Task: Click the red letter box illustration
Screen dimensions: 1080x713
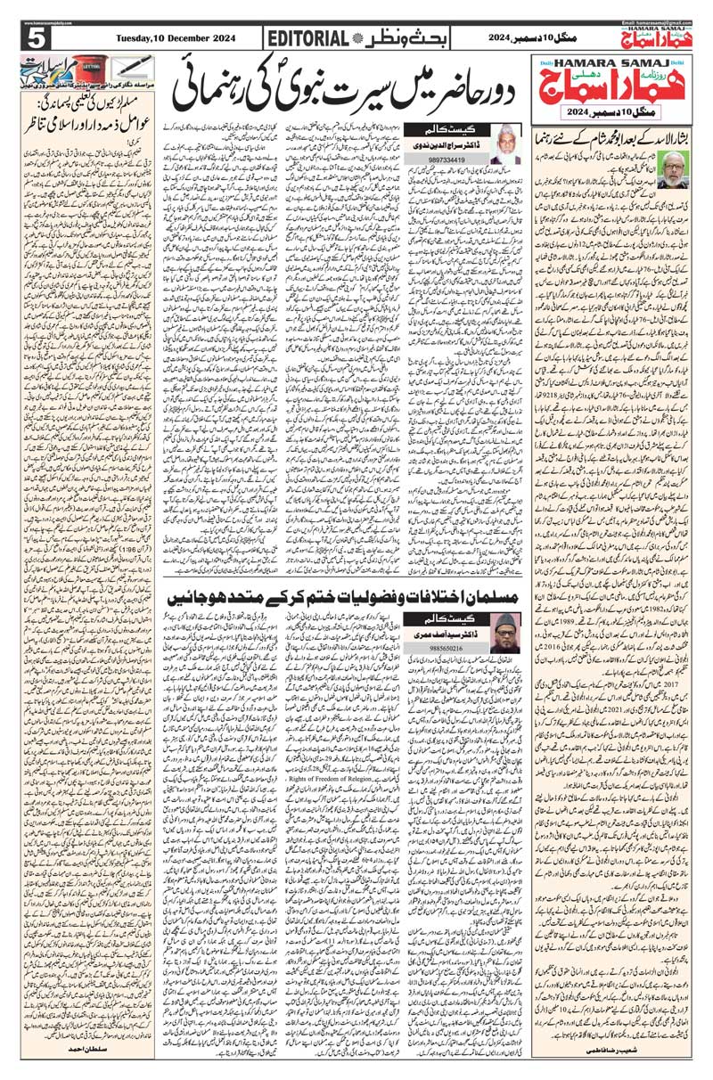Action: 88,70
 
